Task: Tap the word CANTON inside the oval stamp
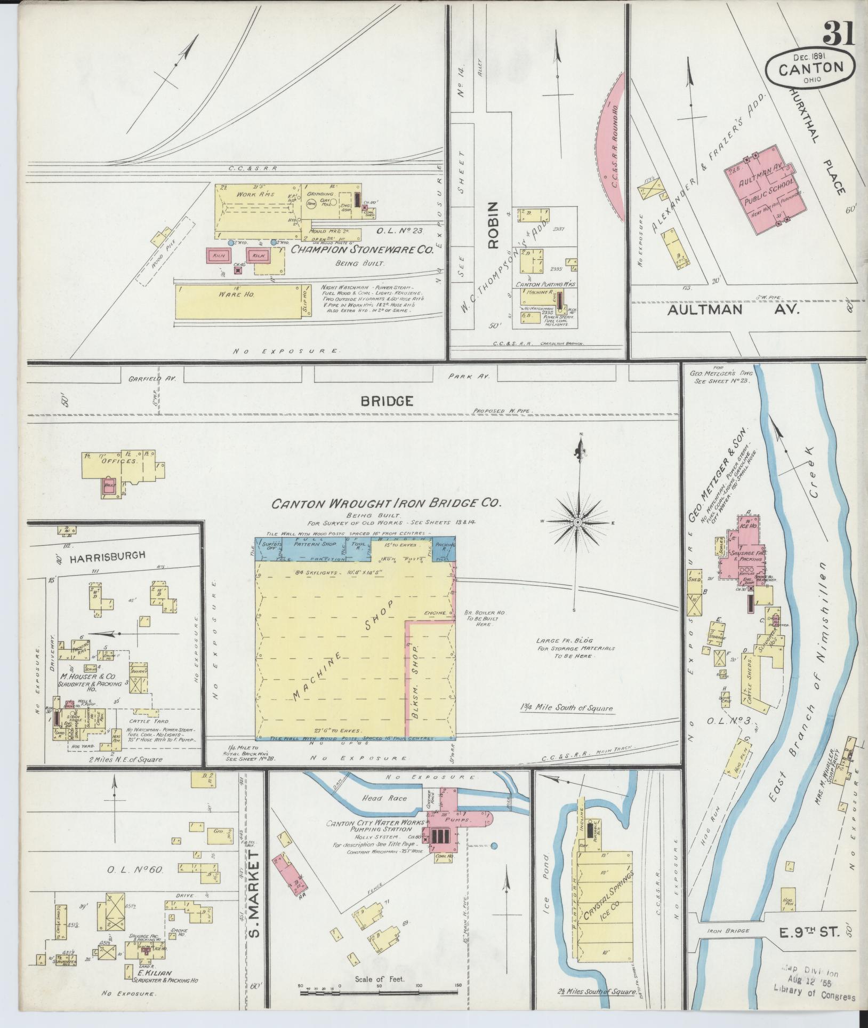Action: pyautogui.click(x=811, y=68)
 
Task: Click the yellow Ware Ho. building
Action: pyautogui.click(x=240, y=301)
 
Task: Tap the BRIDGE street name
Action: pyautogui.click(x=387, y=401)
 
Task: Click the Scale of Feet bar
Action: pyautogui.click(x=379, y=992)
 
